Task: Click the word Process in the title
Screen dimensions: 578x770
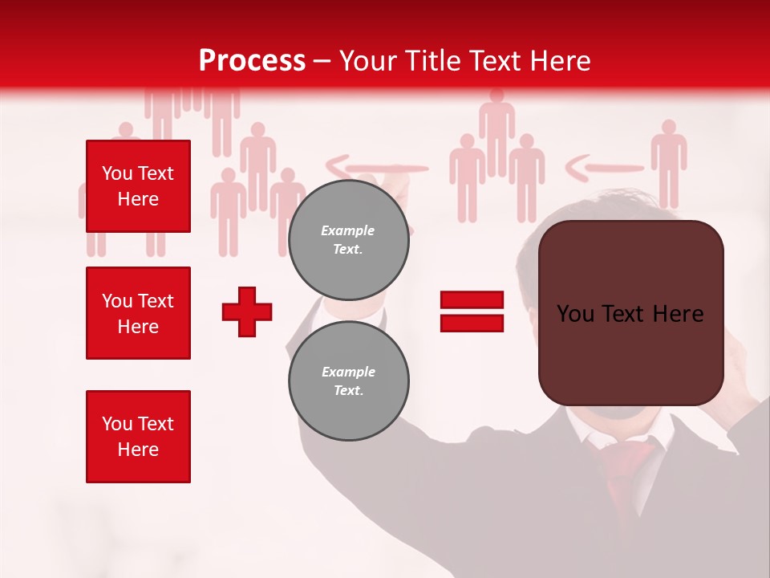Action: click(x=252, y=61)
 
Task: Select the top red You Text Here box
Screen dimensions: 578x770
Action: click(x=138, y=186)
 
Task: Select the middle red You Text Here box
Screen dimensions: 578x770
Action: click(x=138, y=313)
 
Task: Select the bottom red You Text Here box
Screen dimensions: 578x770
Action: click(x=138, y=436)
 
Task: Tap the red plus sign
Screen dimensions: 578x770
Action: click(x=247, y=311)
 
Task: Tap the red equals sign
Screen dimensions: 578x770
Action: click(x=472, y=311)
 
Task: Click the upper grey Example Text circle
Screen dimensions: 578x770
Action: click(x=349, y=240)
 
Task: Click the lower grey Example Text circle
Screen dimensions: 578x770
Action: click(x=349, y=381)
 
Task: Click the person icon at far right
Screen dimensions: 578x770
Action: click(x=667, y=161)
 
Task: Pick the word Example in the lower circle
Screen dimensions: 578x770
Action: click(x=349, y=372)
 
